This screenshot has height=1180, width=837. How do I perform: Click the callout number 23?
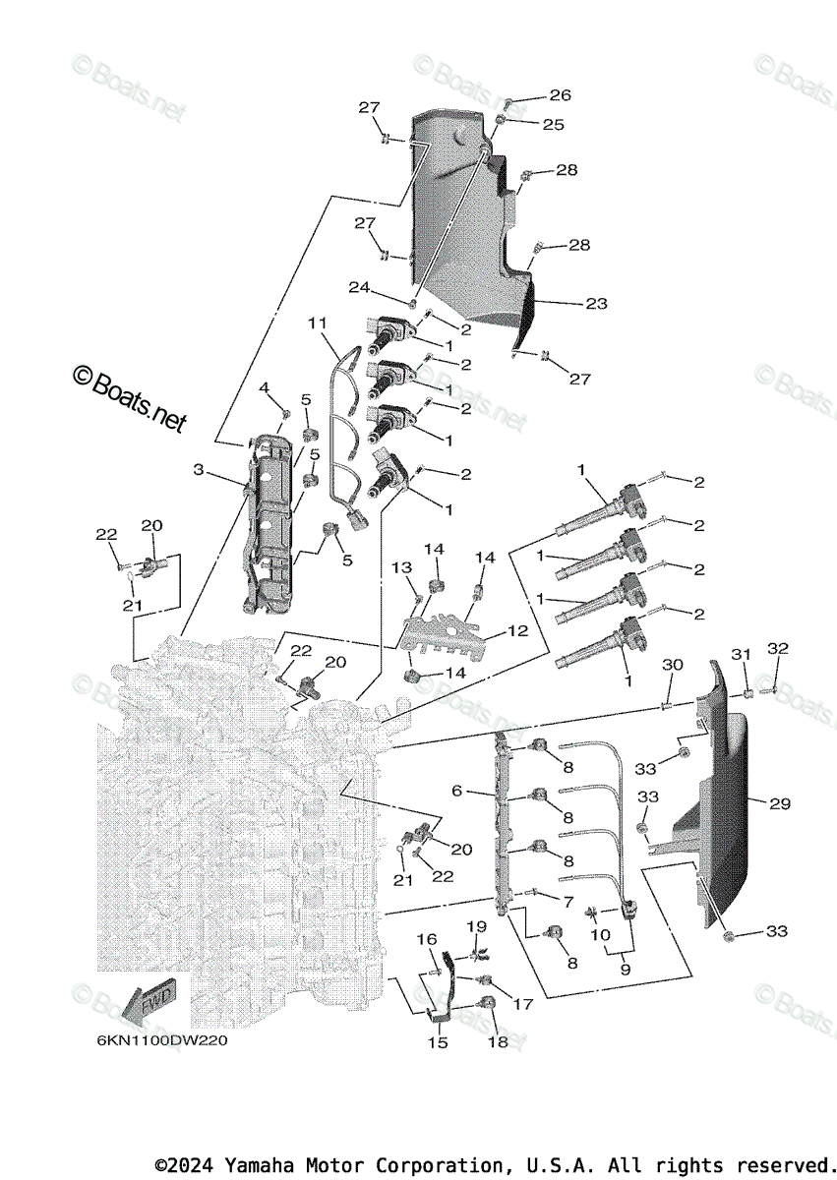(x=596, y=304)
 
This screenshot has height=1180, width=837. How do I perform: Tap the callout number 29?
(x=780, y=804)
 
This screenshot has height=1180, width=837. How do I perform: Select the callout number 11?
(x=316, y=323)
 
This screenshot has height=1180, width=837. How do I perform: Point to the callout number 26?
(x=560, y=95)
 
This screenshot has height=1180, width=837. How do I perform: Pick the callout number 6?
(x=457, y=790)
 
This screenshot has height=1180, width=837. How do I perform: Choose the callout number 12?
(x=517, y=630)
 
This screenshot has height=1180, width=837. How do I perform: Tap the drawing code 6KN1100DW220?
(x=162, y=1042)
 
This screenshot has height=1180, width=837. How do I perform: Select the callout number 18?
(x=499, y=1041)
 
